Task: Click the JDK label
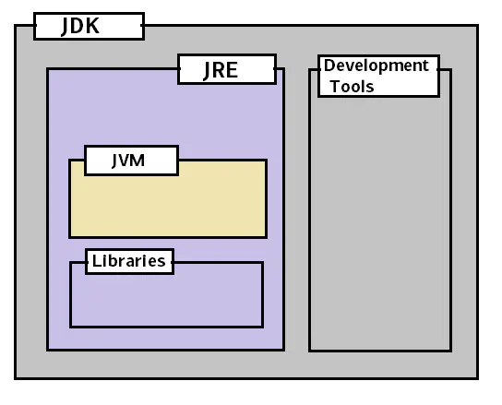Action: coord(89,26)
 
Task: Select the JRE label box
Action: coord(227,69)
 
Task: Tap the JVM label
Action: coord(130,160)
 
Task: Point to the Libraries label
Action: coord(129,261)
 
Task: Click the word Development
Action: coord(376,66)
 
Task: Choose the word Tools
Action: coord(352,86)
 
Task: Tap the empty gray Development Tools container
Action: coord(379,221)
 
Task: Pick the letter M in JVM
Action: coord(139,160)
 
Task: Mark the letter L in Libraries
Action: coord(96,261)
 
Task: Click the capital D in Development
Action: coord(329,66)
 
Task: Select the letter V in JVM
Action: coord(127,160)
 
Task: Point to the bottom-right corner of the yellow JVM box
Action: coord(266,237)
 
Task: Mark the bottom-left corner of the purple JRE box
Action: coord(48,350)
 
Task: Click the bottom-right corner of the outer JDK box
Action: coord(477,378)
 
